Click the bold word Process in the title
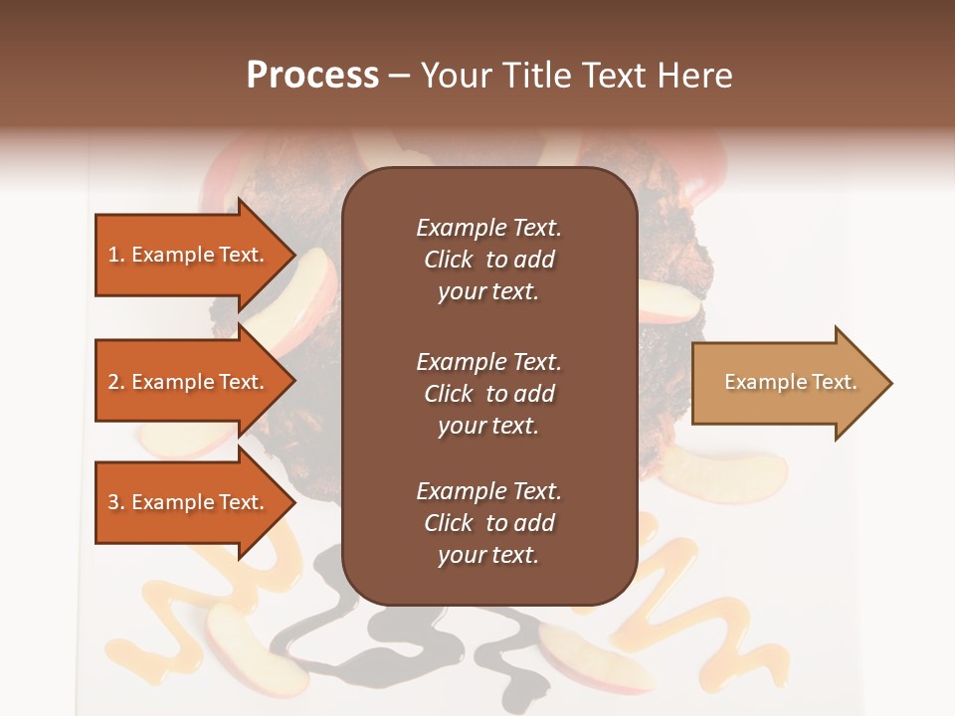point(312,76)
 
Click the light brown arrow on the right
point(791,383)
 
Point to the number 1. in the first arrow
point(116,255)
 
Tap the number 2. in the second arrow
point(116,382)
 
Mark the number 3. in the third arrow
point(116,502)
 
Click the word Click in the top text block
point(448,260)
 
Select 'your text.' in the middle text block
point(488,426)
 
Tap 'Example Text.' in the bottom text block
point(488,490)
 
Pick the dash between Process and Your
point(400,77)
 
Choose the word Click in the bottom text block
point(448,523)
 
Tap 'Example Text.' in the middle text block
point(488,361)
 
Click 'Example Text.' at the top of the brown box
point(488,228)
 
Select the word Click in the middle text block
point(448,394)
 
